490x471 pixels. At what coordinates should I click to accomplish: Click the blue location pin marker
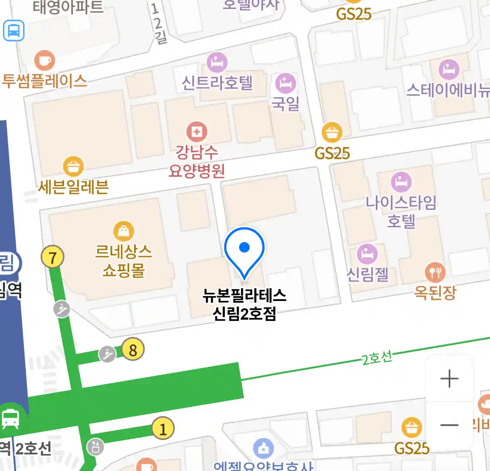tap(244, 248)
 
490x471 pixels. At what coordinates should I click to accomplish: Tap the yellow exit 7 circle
tap(52, 258)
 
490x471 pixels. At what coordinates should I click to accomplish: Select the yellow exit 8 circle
tap(133, 350)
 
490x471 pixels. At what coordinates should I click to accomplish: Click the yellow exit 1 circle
tap(163, 429)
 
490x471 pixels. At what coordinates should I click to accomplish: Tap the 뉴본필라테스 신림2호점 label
tap(244, 304)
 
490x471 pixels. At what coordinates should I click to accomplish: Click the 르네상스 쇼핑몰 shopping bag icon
tap(124, 231)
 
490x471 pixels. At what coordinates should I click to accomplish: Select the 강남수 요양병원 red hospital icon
tap(197, 132)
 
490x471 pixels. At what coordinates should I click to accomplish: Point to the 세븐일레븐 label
tap(73, 187)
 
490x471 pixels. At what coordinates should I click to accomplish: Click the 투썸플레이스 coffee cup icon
tap(44, 60)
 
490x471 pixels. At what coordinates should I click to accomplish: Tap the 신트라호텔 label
tap(217, 82)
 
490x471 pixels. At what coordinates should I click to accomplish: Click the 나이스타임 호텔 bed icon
tap(401, 182)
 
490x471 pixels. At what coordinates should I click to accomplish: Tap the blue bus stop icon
tap(14, 31)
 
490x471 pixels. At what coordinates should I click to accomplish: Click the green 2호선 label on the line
tap(377, 358)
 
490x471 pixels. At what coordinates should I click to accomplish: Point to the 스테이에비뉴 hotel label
tap(448, 90)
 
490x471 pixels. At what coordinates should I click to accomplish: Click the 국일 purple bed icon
tap(285, 83)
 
